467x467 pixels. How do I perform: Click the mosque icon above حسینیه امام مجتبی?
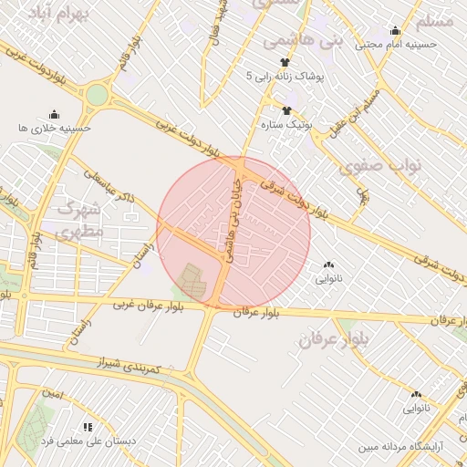click(x=394, y=30)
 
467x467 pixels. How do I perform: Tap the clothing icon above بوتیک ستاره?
click(x=287, y=109)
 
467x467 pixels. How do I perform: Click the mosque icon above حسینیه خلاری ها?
click(x=54, y=115)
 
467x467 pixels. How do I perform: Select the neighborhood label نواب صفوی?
click(x=371, y=168)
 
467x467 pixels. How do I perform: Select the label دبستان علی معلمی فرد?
click(x=88, y=441)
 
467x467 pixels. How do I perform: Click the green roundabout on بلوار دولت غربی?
click(x=97, y=94)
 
